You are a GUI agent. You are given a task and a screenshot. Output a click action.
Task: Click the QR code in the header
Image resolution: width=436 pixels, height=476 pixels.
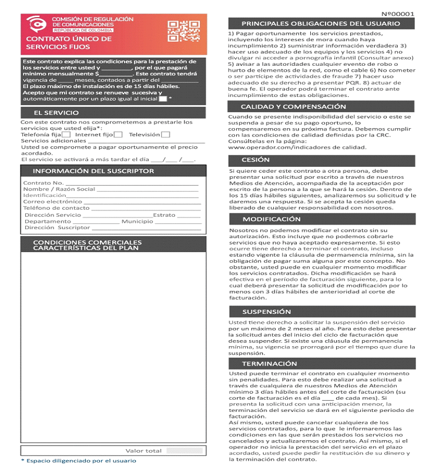click(184, 32)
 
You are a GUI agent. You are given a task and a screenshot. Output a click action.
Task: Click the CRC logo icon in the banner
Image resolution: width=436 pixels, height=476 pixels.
click(36, 25)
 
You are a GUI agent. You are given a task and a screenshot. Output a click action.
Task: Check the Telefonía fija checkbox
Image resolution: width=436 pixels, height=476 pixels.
click(66, 135)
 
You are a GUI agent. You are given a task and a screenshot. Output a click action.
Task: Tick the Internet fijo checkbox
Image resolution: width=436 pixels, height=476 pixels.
click(118, 135)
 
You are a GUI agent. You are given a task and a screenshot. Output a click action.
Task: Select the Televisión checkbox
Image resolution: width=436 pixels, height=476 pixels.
click(166, 135)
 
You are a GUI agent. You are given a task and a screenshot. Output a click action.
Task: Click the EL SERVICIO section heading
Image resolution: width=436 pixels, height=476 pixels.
click(56, 112)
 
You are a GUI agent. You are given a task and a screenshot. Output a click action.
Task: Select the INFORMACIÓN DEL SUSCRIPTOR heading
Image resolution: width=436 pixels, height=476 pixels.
click(93, 171)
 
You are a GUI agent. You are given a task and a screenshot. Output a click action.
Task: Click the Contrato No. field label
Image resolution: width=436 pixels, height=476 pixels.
click(43, 183)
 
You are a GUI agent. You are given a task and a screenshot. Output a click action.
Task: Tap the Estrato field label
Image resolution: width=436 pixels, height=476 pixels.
click(164, 215)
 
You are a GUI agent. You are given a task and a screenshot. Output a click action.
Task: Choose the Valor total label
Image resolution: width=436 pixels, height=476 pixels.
click(143, 451)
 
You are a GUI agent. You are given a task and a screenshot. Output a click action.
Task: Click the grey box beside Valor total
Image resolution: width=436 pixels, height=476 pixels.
click(185, 451)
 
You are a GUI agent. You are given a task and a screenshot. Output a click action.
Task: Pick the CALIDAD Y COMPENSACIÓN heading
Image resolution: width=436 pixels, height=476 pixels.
click(293, 107)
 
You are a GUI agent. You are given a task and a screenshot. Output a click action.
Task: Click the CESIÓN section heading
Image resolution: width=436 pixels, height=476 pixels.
click(256, 160)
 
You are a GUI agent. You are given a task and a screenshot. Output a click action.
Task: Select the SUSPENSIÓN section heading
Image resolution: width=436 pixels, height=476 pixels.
click(267, 311)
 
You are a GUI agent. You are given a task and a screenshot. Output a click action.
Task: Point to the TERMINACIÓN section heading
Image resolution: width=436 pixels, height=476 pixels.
click(270, 364)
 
